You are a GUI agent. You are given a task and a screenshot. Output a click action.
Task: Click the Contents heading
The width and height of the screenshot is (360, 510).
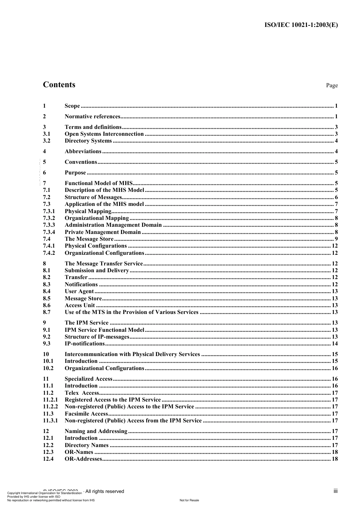59,85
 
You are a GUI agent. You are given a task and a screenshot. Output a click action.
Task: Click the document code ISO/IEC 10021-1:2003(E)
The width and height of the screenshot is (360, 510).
301,25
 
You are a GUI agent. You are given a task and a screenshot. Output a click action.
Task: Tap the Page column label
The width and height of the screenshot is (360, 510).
332,85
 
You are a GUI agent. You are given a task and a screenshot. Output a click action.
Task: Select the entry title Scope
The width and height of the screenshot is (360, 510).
72,106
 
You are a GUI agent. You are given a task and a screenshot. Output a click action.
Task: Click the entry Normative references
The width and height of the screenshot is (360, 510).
92,116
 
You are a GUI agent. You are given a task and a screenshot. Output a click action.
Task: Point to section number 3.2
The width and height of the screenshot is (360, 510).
47,141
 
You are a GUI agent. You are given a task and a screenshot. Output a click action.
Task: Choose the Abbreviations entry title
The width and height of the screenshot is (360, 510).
83,151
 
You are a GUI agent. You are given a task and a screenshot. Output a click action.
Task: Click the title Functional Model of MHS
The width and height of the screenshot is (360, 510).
98,183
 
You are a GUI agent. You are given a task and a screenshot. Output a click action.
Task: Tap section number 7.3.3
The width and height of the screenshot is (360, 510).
49,225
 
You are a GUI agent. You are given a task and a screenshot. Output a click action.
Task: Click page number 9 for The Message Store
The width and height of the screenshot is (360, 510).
336,239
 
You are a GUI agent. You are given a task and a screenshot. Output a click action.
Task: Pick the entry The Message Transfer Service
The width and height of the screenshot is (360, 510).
103,264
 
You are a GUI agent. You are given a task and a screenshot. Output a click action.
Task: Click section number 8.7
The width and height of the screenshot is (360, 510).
47,312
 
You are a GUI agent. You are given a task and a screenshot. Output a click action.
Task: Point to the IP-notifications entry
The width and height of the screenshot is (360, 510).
85,344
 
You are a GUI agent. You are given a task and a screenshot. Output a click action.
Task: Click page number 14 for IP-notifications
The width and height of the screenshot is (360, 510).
334,344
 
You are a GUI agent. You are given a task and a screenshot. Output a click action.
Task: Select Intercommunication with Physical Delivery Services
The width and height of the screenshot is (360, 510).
132,354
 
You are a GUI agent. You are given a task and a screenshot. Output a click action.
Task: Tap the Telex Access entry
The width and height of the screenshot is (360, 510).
82,393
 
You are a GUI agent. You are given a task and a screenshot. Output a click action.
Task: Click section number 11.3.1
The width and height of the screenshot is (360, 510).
50,421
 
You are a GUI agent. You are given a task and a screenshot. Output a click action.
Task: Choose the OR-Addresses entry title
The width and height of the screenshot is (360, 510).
83,459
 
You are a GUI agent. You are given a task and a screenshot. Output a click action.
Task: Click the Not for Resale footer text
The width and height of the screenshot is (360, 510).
189,500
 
